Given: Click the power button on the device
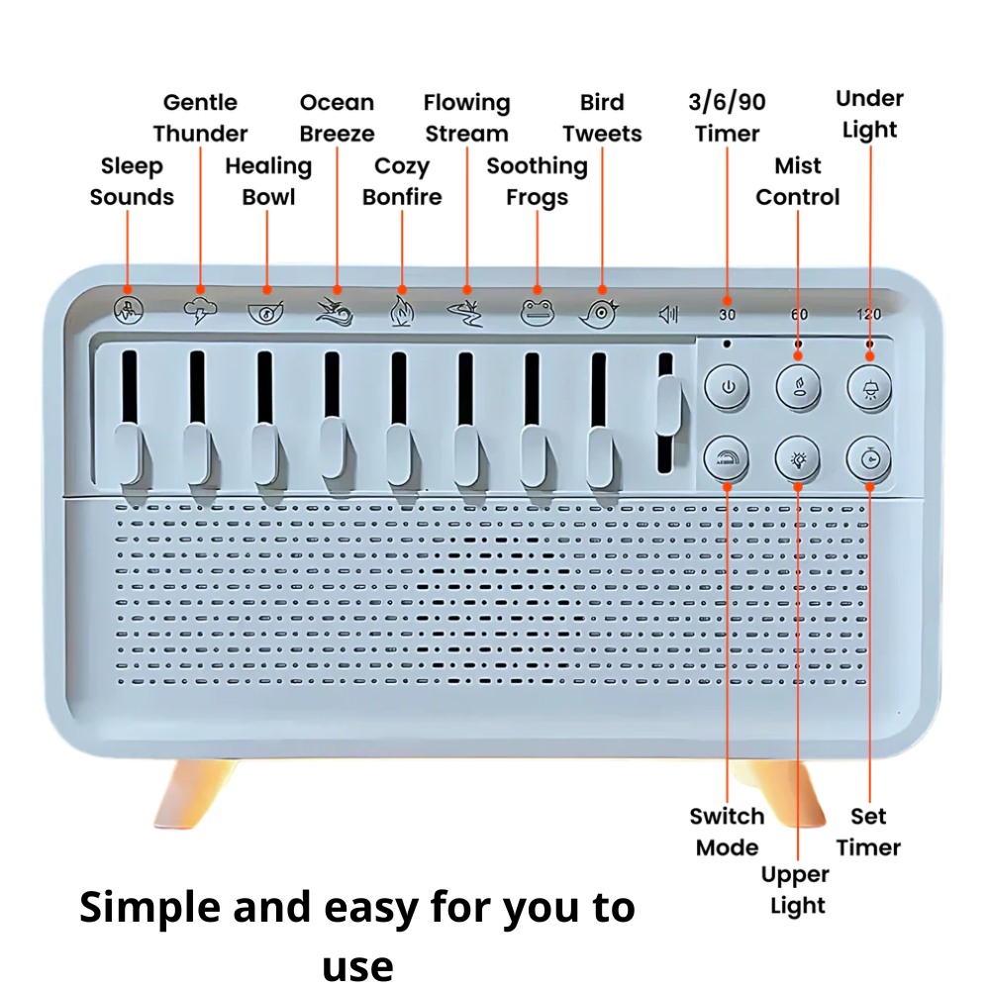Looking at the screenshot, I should tap(729, 387).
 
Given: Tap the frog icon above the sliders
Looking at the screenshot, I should tap(537, 313).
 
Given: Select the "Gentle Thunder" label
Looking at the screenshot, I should tap(200, 118).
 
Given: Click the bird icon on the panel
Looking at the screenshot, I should tap(599, 313).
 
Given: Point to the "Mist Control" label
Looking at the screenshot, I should tap(797, 181).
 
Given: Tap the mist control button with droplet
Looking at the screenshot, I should tap(798, 387).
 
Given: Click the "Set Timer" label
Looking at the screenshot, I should tap(868, 832).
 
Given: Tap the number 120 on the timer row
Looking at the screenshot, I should tap(868, 315).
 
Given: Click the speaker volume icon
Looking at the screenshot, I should tap(669, 315).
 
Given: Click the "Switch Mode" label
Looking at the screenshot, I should tap(727, 832).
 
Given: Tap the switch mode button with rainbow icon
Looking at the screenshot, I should tap(729, 456).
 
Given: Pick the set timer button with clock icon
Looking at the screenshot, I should tap(868, 456).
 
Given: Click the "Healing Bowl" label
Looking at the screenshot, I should tap(268, 181).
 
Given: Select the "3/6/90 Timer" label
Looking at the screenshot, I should tap(727, 118).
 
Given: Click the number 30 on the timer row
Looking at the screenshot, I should tap(727, 315).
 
